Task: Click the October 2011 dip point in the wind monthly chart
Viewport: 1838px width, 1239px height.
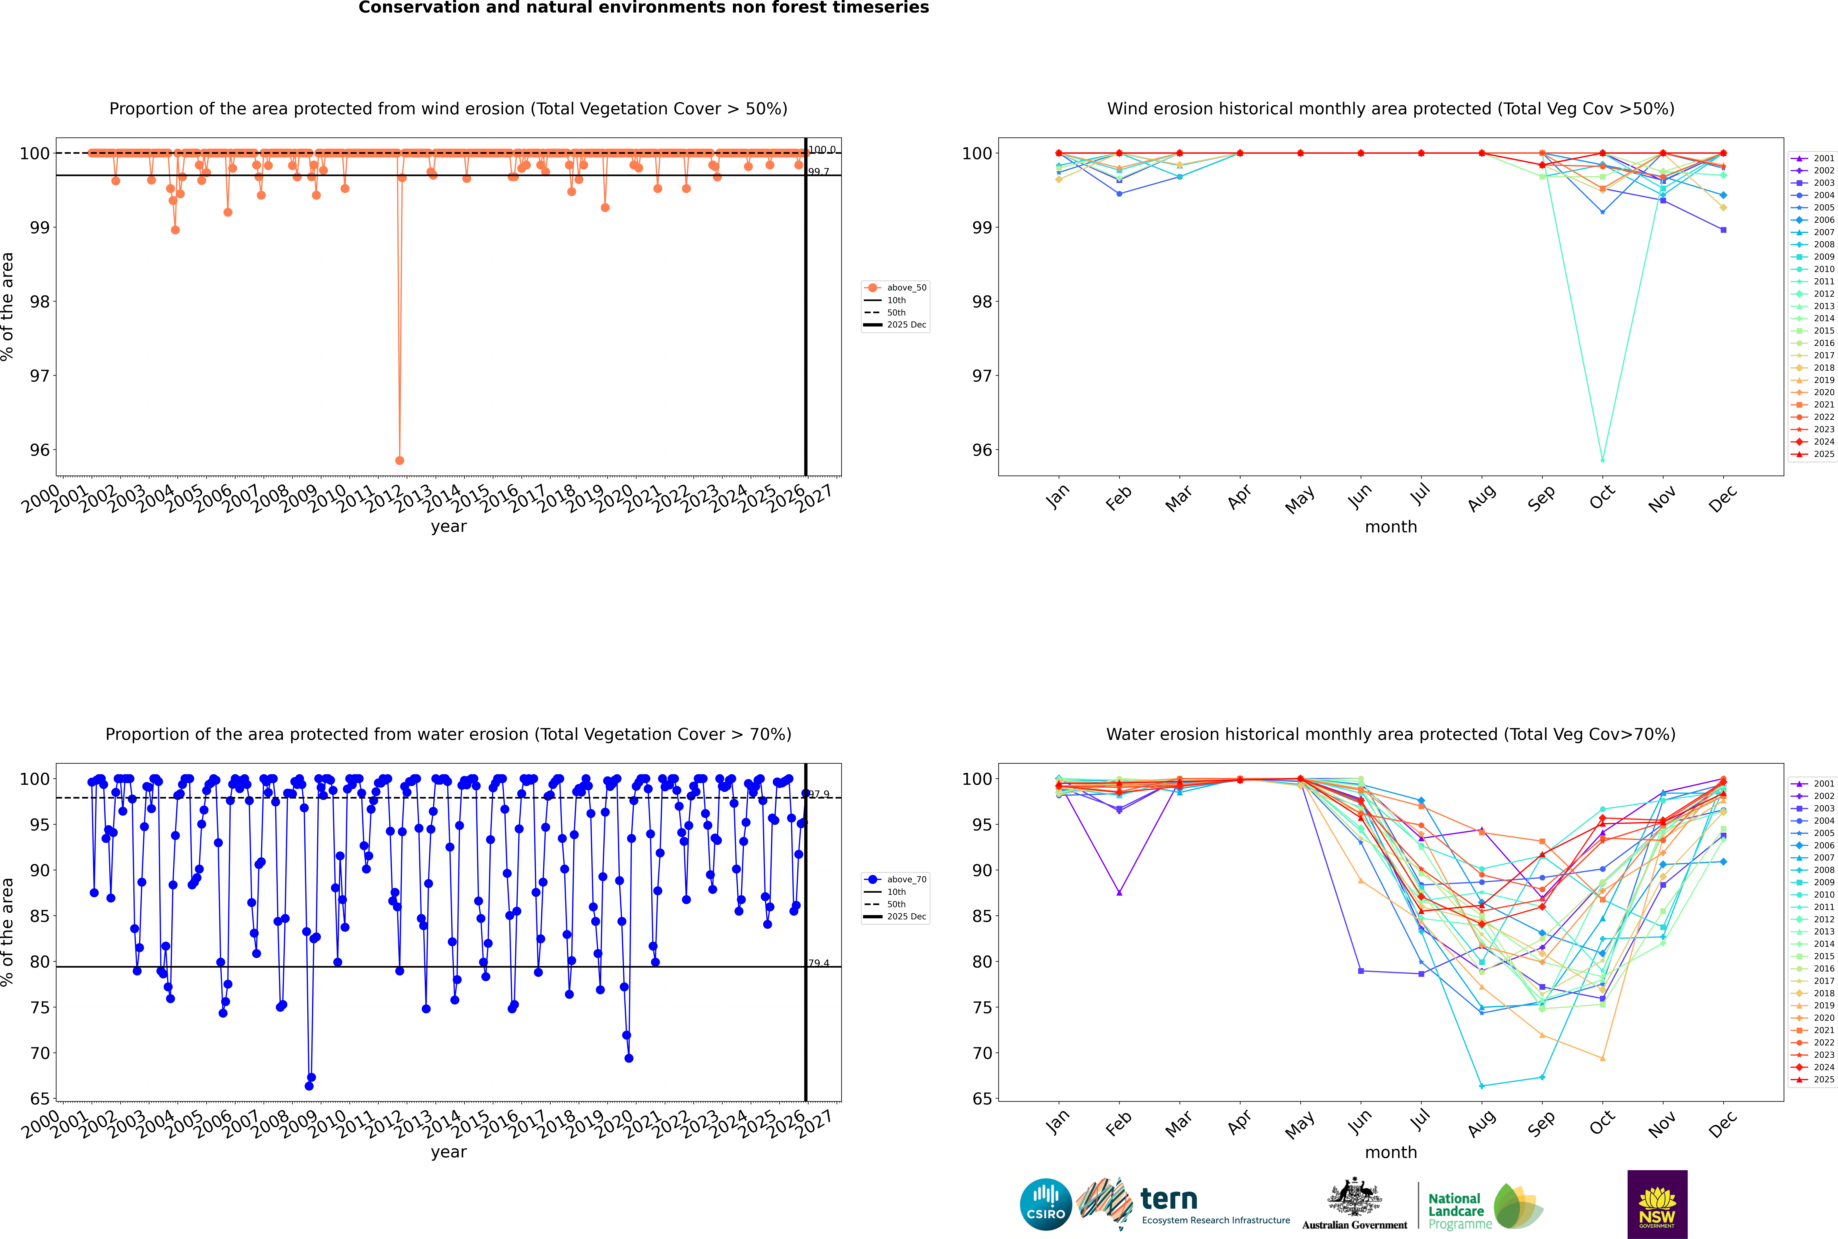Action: click(1602, 460)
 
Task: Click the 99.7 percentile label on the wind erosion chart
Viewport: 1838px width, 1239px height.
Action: click(819, 171)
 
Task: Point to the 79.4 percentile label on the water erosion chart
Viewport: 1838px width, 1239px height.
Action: click(819, 963)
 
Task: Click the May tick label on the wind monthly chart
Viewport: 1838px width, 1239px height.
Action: click(1300, 499)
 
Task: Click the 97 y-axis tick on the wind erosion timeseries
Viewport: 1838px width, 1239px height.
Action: click(39, 376)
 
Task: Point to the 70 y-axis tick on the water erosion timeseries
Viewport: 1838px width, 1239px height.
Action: click(39, 1053)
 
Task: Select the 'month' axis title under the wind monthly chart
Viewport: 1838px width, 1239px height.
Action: click(1391, 527)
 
